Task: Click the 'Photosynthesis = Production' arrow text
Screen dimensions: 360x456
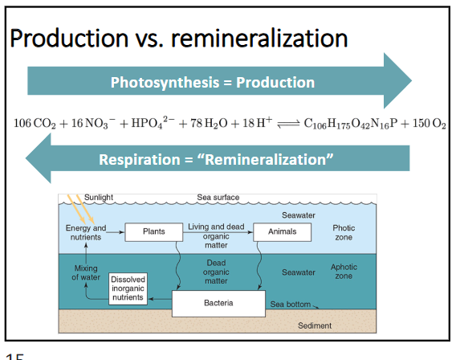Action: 213,82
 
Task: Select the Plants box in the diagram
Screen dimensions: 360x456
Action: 153,232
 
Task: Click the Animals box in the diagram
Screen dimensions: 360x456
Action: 283,231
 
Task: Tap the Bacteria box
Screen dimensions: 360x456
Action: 218,304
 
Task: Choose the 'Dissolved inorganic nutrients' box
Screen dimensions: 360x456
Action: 128,288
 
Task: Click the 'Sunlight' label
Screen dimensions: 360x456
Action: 100,197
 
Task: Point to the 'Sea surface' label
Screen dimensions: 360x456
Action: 218,198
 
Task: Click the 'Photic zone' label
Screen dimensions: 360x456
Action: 344,233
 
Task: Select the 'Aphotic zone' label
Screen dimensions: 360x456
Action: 344,272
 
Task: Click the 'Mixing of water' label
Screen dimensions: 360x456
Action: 86,272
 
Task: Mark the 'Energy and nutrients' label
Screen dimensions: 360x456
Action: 86,232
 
